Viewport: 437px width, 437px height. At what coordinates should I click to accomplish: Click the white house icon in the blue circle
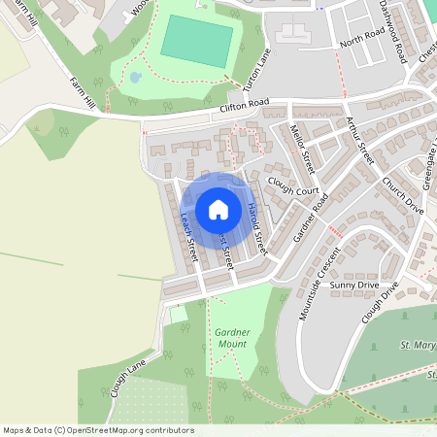coord(218,209)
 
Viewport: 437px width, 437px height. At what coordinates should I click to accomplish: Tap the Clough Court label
coord(292,191)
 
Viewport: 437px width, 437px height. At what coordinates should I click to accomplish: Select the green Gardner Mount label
coord(232,338)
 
